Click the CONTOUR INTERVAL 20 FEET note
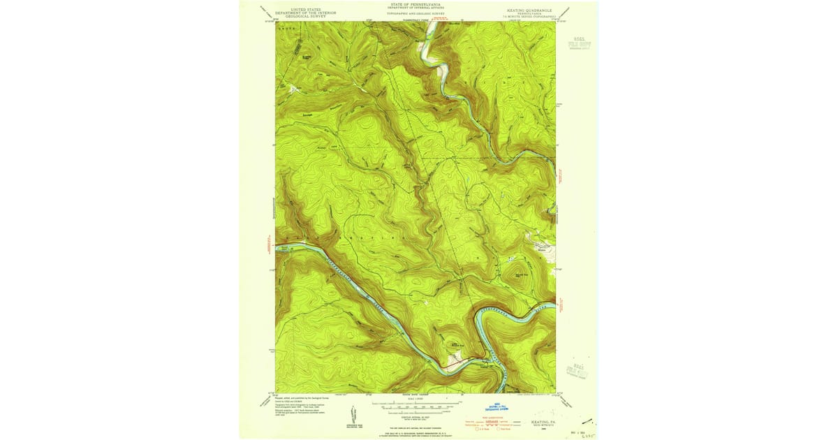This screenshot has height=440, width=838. pyautogui.click(x=416, y=413)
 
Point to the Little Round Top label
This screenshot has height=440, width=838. pyautogui.click(x=457, y=344)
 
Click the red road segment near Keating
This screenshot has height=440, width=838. pyautogui.click(x=455, y=362)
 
